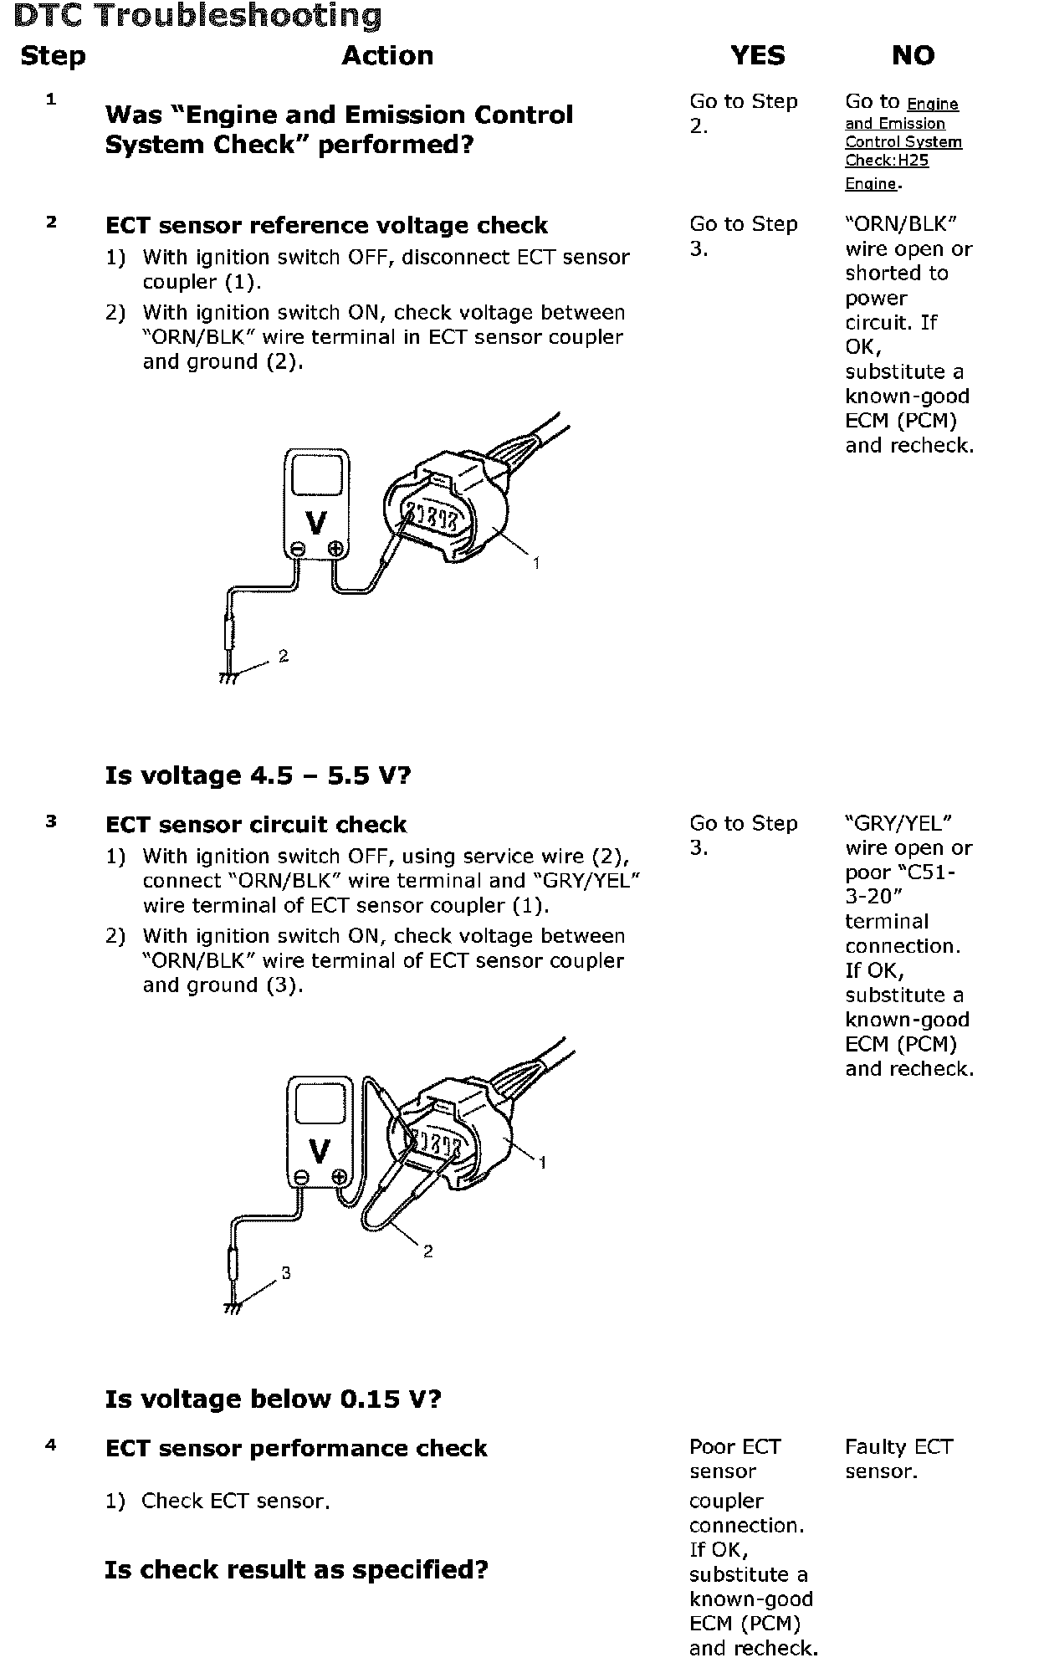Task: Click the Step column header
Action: point(53,56)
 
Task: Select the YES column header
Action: point(757,56)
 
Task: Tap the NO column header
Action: point(913,56)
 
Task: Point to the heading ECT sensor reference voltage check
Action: point(326,226)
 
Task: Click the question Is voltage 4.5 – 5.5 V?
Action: point(258,775)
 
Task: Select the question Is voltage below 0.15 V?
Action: point(273,1399)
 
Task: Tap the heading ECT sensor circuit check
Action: point(256,825)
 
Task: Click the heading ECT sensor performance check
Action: point(296,1449)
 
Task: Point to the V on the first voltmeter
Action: point(316,524)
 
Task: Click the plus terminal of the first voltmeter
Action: point(335,549)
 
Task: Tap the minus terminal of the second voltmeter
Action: point(302,1178)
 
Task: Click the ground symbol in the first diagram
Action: point(228,678)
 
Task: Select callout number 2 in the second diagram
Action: point(428,1251)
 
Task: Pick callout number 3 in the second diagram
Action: point(286,1273)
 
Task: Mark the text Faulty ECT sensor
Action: point(898,1459)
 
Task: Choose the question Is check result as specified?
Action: point(296,1570)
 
